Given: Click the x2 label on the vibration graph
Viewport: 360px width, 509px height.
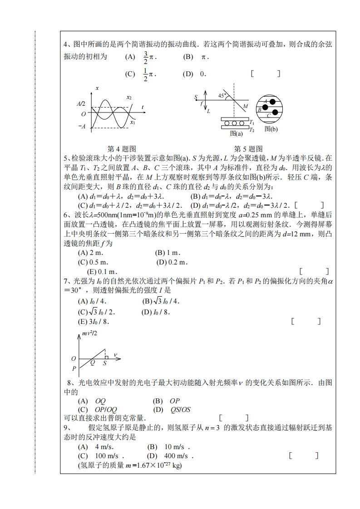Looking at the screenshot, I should (129, 97).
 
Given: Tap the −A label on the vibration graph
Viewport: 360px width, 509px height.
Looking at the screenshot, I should (82, 127).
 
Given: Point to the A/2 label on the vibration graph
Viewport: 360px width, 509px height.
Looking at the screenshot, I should (81, 104).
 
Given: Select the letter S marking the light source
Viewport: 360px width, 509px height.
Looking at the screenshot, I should (196, 97).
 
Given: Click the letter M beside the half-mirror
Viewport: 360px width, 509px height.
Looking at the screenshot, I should (246, 107).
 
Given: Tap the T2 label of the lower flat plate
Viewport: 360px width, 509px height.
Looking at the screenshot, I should (252, 130).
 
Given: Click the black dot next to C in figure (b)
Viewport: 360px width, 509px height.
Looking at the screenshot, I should (275, 112).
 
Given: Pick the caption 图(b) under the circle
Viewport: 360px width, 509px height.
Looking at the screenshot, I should (271, 129).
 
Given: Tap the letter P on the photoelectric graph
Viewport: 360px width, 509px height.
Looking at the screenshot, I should (74, 368).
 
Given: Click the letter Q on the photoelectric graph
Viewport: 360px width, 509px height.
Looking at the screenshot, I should (92, 362).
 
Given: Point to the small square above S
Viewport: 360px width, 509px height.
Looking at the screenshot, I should (106, 357).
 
